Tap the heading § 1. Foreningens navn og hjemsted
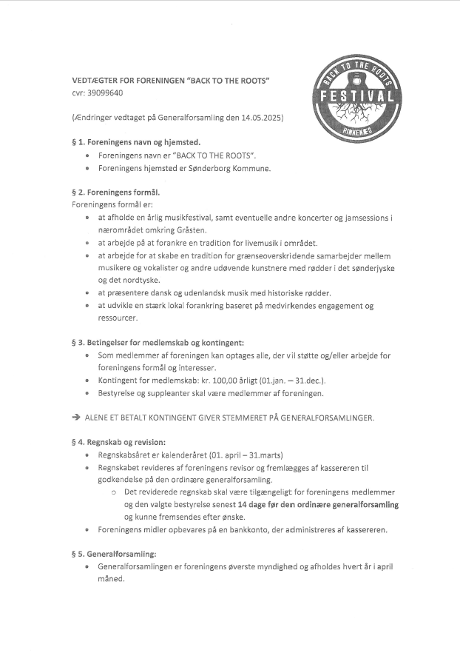[x=136, y=141]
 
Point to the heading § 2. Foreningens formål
[x=115, y=191]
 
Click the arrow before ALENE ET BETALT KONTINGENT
[x=76, y=417]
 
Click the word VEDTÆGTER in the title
[x=95, y=79]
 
